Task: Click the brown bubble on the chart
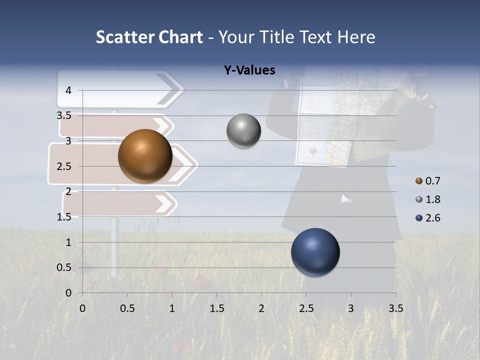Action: [145, 156]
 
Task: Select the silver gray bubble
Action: [243, 131]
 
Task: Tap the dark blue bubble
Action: [315, 252]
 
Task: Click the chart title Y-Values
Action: [249, 70]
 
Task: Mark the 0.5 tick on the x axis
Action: [127, 308]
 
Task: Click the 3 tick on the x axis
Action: [350, 308]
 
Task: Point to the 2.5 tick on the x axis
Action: [306, 308]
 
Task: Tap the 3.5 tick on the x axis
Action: [395, 308]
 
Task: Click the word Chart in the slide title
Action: [181, 37]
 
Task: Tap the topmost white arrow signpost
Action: [120, 89]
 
